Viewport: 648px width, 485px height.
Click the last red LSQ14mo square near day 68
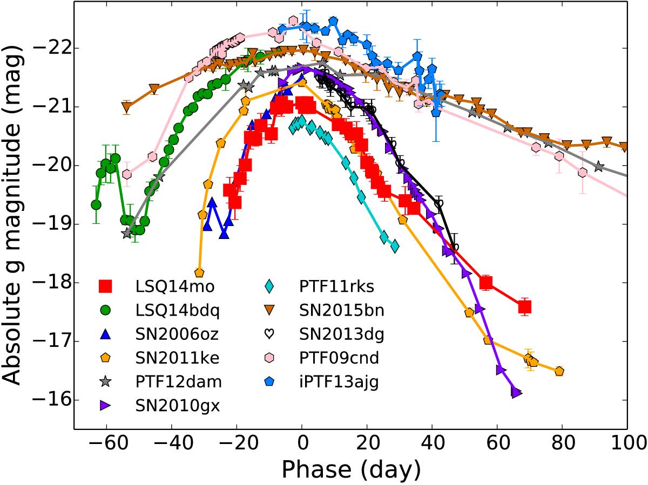coord(524,307)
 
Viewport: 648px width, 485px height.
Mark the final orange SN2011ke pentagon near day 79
coord(559,371)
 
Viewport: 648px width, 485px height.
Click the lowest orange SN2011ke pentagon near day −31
coord(199,272)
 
